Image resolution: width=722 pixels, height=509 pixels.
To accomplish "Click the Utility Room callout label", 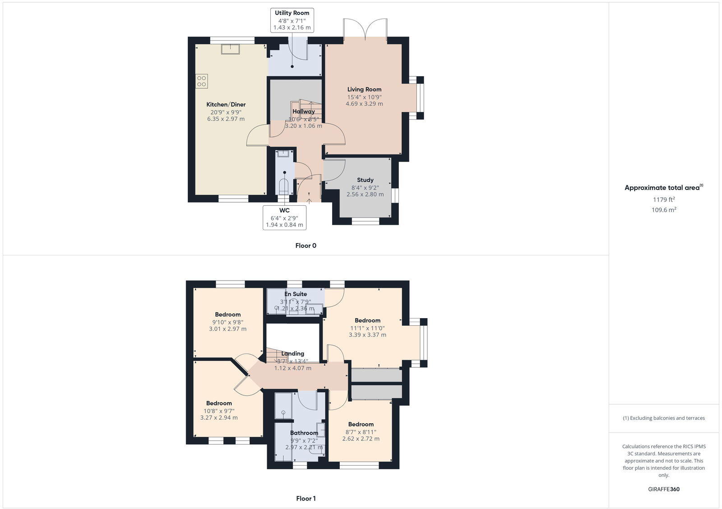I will coord(292,20).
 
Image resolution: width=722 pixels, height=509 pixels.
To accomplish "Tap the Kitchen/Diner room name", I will coord(226,104).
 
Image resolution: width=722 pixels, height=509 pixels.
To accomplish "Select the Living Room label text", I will coord(364,89).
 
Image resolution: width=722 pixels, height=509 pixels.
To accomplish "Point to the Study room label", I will coord(365,180).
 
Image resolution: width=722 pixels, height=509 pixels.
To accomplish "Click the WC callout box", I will coord(284,217).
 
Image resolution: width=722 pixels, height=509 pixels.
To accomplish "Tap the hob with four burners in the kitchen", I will coord(201,81).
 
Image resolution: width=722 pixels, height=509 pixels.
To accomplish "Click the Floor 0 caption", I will coord(306,246).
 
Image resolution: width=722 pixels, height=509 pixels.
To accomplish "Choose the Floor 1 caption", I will coord(306,499).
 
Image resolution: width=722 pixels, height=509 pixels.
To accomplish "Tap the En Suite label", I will coord(296,294).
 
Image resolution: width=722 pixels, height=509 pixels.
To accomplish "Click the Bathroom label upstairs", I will coord(304,433).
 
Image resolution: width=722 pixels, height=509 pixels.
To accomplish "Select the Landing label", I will coord(292,354).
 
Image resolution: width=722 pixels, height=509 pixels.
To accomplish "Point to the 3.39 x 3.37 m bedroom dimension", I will coord(367,335).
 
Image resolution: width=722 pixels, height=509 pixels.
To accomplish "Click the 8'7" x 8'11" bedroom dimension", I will coord(361,432).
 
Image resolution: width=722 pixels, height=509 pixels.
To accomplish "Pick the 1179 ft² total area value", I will coord(664,199).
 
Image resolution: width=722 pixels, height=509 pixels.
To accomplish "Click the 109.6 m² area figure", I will coord(664,210).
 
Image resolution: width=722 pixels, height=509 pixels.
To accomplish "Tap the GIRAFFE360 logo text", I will coord(664,489).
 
